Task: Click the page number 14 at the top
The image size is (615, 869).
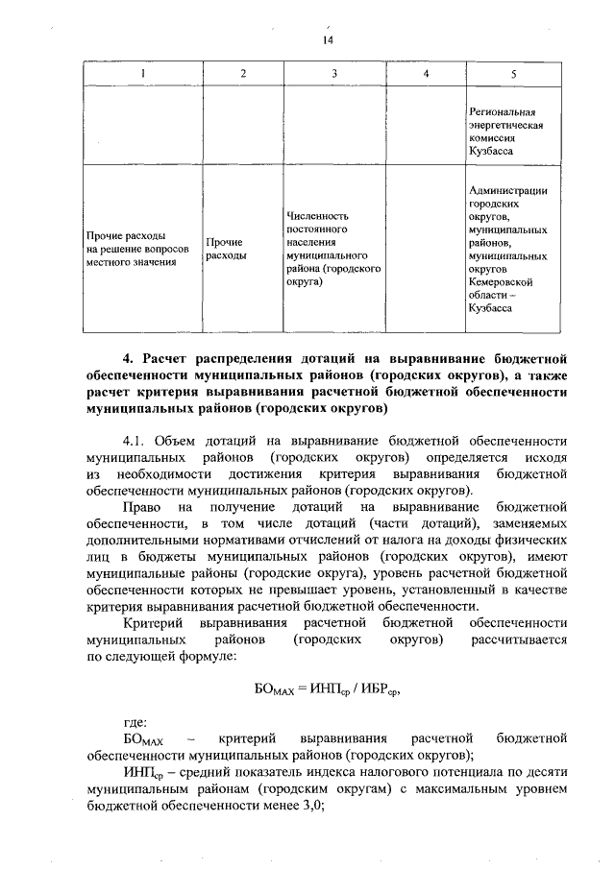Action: pos(327,39)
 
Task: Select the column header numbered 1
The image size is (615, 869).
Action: pos(143,75)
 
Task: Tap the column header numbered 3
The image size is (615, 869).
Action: pos(333,75)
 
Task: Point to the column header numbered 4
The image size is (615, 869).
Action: pos(425,75)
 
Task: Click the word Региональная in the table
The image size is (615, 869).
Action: pos(501,112)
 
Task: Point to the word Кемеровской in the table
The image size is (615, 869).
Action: pos(501,283)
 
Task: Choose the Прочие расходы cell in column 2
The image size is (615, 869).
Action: pos(223,250)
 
